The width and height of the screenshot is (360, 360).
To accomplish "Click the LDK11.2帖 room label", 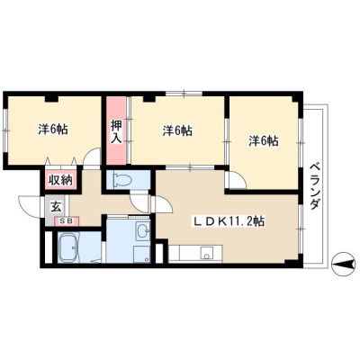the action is pos(228,222).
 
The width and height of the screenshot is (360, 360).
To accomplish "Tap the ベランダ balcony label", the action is pos(314,186).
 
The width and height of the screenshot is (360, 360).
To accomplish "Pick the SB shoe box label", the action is pos(67,221).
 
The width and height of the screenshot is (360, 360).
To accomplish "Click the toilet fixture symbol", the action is pos(122,180).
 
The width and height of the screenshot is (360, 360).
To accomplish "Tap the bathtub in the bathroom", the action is pos(70,247).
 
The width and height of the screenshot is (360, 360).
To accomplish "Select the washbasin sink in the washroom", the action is pos(143,231).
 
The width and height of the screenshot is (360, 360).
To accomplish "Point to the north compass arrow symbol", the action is pos(343,264).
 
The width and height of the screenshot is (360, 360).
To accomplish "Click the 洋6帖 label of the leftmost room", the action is pos(53,130).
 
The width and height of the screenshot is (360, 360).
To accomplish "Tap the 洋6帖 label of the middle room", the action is pos(177,130).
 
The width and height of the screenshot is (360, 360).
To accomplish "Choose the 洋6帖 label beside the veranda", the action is pos(264,141).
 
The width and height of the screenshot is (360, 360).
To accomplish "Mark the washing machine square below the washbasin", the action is pos(142,255).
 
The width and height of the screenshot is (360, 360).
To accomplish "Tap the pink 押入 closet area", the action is pos(116,130).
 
